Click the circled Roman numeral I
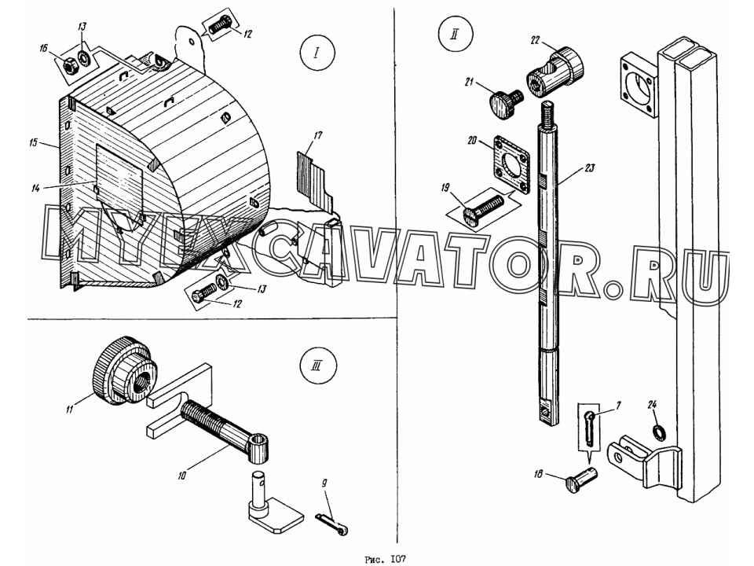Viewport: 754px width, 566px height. click(x=317, y=53)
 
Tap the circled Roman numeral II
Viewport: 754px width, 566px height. click(x=455, y=34)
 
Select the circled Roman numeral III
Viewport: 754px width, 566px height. click(x=317, y=366)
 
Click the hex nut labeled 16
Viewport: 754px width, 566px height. click(x=70, y=65)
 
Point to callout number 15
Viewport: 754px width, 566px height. click(x=33, y=143)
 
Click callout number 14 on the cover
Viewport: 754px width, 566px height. click(x=35, y=188)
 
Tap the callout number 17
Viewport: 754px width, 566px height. click(x=318, y=136)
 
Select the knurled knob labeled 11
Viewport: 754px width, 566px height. click(x=125, y=369)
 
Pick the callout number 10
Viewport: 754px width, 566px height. click(x=181, y=476)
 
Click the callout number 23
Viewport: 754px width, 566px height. click(x=590, y=168)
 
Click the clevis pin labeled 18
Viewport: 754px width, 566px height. click(x=581, y=479)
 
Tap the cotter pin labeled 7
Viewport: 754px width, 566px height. click(x=590, y=424)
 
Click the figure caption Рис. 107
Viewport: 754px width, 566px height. click(x=386, y=559)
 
